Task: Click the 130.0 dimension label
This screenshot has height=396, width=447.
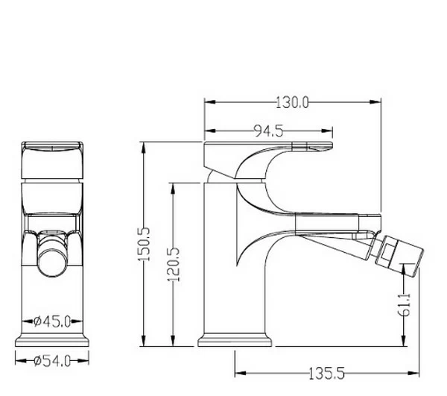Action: [x=292, y=103]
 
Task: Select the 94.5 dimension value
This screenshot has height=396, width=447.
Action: [x=268, y=131]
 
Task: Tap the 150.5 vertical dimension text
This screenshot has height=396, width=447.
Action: [x=145, y=244]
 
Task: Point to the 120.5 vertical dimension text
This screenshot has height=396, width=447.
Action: [x=174, y=265]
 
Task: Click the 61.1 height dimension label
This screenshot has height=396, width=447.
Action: [x=404, y=305]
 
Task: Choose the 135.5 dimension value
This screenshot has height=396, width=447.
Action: [x=327, y=374]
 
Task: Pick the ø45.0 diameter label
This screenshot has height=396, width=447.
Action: [x=52, y=322]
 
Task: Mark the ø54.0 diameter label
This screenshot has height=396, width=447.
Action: [x=52, y=362]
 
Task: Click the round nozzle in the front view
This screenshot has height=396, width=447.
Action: [x=53, y=263]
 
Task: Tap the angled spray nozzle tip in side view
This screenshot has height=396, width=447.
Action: [x=399, y=256]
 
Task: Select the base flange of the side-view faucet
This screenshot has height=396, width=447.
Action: [x=235, y=340]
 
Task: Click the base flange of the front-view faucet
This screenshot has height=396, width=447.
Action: [x=52, y=341]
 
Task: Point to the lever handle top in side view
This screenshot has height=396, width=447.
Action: [x=268, y=144]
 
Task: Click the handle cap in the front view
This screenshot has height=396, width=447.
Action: [x=52, y=160]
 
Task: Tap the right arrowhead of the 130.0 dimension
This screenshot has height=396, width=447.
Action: [x=375, y=102]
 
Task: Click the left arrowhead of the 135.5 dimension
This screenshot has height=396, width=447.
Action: [x=241, y=373]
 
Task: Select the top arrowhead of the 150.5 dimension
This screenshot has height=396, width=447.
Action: [x=144, y=148]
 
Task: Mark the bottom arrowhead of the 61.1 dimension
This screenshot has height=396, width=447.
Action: [x=403, y=340]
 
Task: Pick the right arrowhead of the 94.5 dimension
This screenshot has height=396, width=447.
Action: [x=327, y=131]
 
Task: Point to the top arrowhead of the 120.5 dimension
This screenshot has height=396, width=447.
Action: [x=173, y=189]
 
